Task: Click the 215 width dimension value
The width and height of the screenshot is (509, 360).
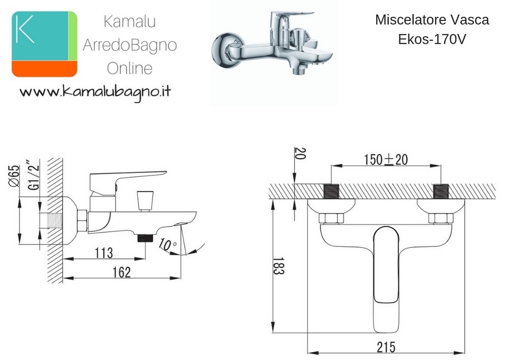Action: coord(386,347)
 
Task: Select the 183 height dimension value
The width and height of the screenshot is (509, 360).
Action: coord(278,266)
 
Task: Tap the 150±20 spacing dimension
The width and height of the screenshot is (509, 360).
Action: coord(386,160)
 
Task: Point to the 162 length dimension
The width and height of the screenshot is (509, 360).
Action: coord(122,272)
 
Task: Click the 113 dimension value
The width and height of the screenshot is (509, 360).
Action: coord(104,253)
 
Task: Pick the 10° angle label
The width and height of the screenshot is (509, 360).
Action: coord(167,244)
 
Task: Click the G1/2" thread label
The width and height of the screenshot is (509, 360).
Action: coord(34,175)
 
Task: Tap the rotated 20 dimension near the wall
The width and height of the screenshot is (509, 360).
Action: coord(300,154)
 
